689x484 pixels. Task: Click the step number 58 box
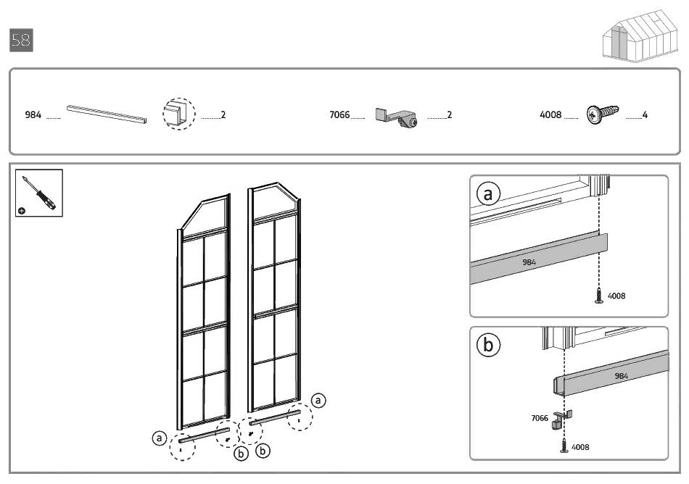tap(21, 41)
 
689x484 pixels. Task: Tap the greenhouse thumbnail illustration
tap(640, 36)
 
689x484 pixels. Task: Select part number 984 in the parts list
tap(33, 115)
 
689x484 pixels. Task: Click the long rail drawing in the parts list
tap(107, 114)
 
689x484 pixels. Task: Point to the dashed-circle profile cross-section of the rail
tap(179, 114)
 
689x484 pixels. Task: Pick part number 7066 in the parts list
tap(339, 115)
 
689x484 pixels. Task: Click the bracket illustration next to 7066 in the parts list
tap(396, 117)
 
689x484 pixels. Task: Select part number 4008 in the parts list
tap(550, 115)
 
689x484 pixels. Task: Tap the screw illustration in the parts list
tap(603, 114)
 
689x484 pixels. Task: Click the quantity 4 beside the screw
tap(645, 115)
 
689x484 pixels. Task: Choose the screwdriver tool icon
tap(39, 193)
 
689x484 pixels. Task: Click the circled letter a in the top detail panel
tap(488, 193)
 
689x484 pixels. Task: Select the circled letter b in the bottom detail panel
tap(488, 344)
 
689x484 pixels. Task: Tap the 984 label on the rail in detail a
tap(529, 262)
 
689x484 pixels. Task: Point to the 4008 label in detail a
tap(616, 296)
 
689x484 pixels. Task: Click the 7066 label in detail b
tap(540, 418)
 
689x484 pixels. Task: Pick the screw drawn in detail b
tap(564, 446)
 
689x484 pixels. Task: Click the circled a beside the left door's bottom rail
tap(159, 438)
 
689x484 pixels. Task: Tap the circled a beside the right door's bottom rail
tap(318, 400)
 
